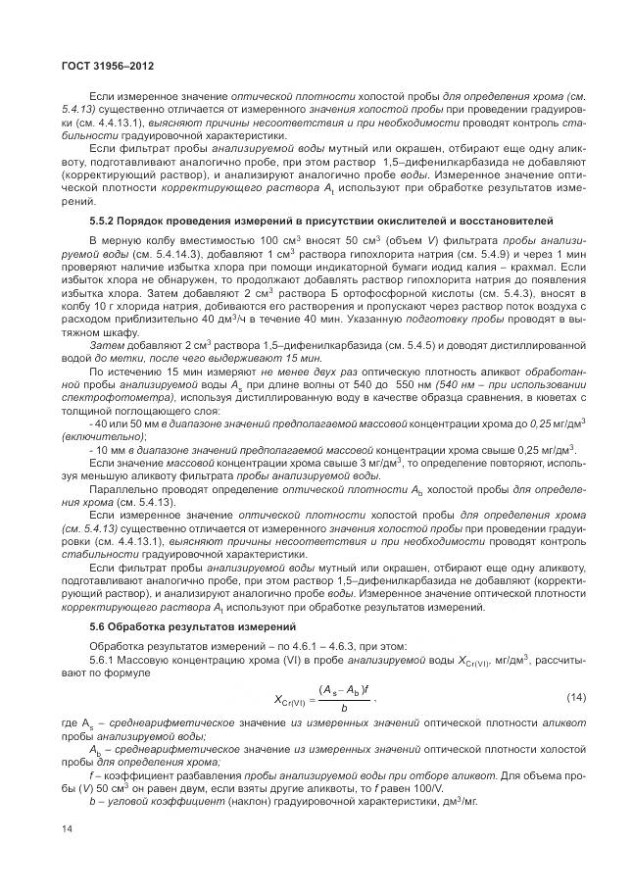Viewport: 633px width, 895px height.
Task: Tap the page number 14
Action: pos(67,830)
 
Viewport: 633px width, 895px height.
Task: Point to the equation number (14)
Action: pos(576,697)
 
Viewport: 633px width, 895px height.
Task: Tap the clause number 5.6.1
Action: pos(102,659)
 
